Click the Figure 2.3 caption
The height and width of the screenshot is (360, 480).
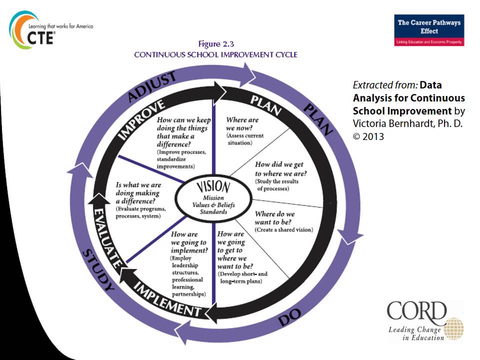[x=215, y=44]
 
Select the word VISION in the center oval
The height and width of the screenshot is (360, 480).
[x=213, y=187]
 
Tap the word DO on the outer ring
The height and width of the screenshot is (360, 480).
[x=290, y=318]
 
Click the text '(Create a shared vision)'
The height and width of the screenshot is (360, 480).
[x=283, y=230]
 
